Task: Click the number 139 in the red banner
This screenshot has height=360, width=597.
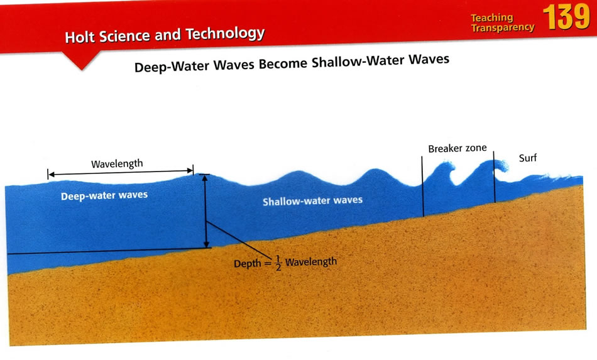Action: (567, 17)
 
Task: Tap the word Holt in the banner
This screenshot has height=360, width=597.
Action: (79, 37)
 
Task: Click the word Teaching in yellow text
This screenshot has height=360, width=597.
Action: (491, 18)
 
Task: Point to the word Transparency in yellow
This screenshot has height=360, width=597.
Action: (503, 28)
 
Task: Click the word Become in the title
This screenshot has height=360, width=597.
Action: (283, 63)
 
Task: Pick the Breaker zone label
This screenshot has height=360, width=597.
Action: (457, 148)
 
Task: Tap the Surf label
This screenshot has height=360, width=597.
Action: (528, 158)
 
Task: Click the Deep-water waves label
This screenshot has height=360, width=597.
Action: (104, 195)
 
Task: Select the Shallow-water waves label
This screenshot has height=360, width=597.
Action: (312, 200)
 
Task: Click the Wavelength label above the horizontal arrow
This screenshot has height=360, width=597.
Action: (117, 163)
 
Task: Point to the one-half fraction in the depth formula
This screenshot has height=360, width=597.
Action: (278, 263)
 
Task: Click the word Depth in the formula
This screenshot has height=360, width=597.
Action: (248, 263)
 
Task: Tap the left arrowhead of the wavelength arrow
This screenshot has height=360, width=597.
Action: (52, 175)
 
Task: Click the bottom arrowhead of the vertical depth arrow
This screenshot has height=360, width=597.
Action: (206, 244)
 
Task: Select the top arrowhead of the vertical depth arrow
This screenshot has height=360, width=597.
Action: (204, 178)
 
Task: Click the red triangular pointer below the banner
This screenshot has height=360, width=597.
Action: (82, 61)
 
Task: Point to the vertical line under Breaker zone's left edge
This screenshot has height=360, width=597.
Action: (423, 186)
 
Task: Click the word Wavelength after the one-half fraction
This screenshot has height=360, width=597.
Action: (311, 262)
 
